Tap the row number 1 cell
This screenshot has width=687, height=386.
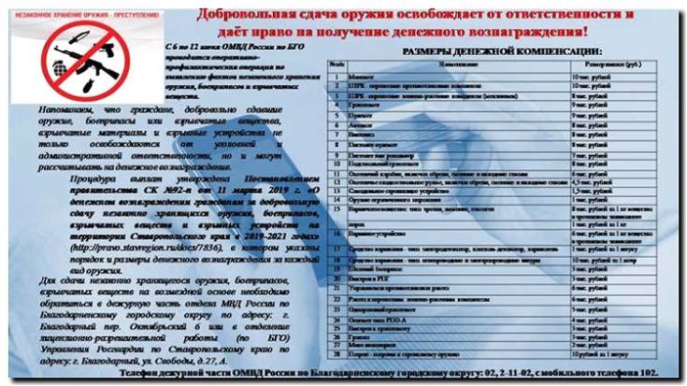tap(335, 74)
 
